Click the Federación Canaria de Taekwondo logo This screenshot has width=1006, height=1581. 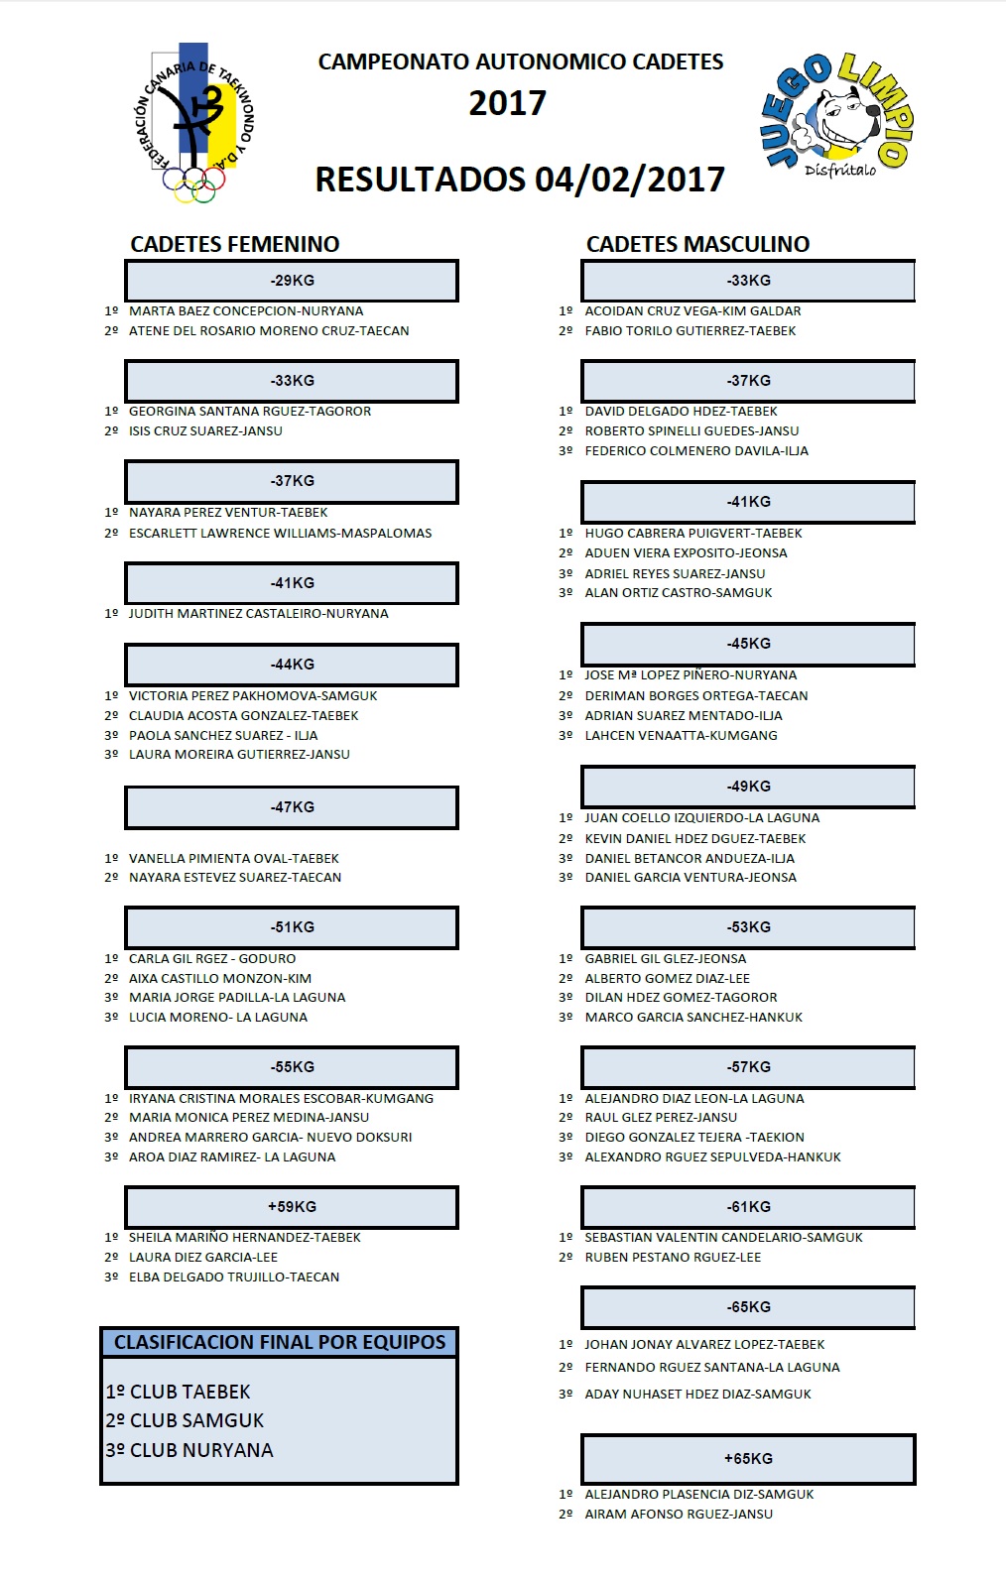pyautogui.click(x=194, y=123)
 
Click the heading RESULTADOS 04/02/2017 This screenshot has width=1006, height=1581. pyautogui.click(x=520, y=180)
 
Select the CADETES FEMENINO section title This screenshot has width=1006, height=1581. pyautogui.click(x=235, y=244)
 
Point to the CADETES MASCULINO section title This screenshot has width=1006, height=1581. pyautogui.click(x=697, y=244)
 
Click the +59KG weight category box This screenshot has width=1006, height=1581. pyautogui.click(x=292, y=1207)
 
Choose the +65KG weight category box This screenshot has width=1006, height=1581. pyautogui.click(x=748, y=1459)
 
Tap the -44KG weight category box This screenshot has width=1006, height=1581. pyautogui.click(x=292, y=665)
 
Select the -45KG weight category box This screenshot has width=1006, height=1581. pyautogui.click(x=748, y=644)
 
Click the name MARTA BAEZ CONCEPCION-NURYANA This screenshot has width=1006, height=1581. pyautogui.click(x=246, y=311)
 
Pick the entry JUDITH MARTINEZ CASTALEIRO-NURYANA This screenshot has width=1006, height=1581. pyautogui.click(x=258, y=614)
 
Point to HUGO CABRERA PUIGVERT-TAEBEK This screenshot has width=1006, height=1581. pyautogui.click(x=692, y=534)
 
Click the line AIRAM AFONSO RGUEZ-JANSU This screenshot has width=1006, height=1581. pyautogui.click(x=678, y=1515)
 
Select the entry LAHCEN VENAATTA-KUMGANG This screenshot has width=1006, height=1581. pyautogui.click(x=681, y=736)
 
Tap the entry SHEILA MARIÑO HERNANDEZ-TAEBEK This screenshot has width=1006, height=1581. pyautogui.click(x=244, y=1238)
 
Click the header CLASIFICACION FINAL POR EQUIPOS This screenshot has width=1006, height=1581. pyautogui.click(x=280, y=1343)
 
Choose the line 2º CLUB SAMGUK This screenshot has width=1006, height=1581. pyautogui.click(x=186, y=1421)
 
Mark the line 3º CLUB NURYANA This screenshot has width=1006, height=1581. pyautogui.click(x=189, y=1451)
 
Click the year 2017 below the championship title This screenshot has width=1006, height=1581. pyautogui.click(x=507, y=103)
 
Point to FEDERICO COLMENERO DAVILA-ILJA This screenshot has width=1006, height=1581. pyautogui.click(x=695, y=451)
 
